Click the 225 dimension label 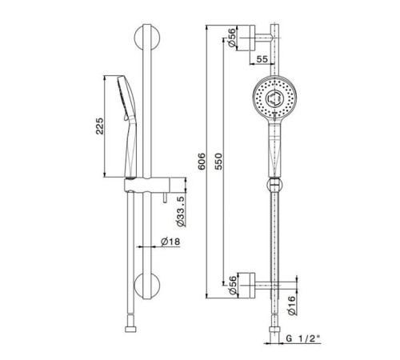click(99, 126)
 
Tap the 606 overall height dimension click(202, 161)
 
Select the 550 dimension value click(218, 161)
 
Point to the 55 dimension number click(262, 59)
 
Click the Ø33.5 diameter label click(181, 211)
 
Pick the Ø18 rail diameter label click(170, 242)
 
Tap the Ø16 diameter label click(292, 306)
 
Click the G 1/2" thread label click(303, 338)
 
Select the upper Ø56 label click(232, 38)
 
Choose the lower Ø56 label click(233, 286)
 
